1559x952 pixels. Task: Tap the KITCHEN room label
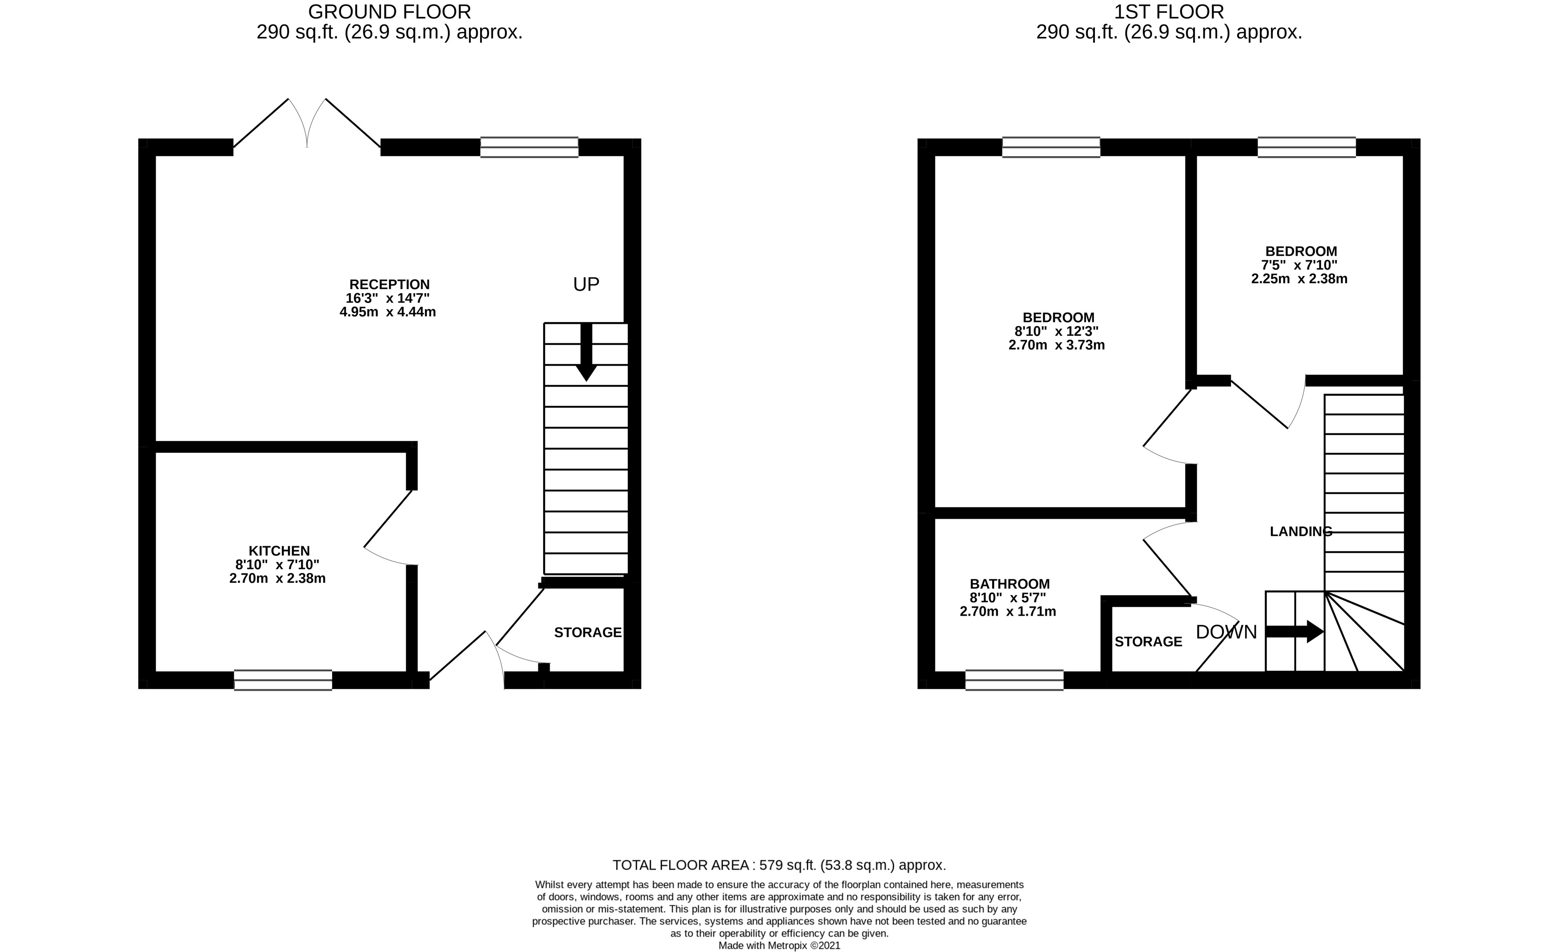(x=279, y=551)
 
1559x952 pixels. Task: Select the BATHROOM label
(x=1010, y=584)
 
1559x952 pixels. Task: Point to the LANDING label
(x=1301, y=532)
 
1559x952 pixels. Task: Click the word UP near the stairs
(x=586, y=285)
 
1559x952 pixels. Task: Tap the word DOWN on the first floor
(x=1226, y=632)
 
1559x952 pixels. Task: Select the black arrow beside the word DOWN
(x=1294, y=632)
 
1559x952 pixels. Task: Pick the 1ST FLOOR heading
(x=1169, y=12)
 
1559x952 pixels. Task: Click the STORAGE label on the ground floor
(x=588, y=632)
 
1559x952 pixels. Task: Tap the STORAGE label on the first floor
(x=1148, y=642)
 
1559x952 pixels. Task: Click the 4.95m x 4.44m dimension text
(x=388, y=312)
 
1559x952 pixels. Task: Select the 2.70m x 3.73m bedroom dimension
(x=1057, y=345)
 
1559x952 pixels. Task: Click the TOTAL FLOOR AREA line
(x=779, y=865)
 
